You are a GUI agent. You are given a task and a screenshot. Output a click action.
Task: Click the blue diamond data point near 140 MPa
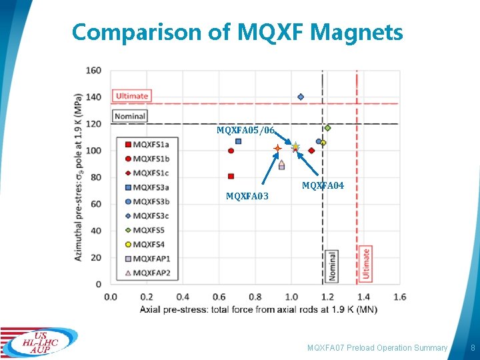tap(301, 97)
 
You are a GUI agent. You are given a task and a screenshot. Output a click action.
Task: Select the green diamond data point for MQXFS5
tap(327, 128)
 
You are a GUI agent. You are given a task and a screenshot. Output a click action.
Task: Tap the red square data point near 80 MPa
tap(231, 177)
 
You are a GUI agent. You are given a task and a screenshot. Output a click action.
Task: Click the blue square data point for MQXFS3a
tap(238, 141)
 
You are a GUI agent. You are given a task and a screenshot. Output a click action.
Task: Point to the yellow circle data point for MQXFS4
tap(323, 143)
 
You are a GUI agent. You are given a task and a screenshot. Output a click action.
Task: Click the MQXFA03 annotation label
tap(247, 196)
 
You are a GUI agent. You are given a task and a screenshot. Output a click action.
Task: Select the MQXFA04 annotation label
tap(323, 186)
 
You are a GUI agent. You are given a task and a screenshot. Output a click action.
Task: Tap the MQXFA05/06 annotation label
tap(245, 130)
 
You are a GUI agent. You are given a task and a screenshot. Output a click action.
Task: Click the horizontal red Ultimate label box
tap(132, 96)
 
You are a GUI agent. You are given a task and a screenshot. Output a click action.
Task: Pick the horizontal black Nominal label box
tap(130, 116)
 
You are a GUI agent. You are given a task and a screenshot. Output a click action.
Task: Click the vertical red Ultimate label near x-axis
tap(366, 263)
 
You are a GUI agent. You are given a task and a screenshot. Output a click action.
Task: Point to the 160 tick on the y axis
tap(93, 71)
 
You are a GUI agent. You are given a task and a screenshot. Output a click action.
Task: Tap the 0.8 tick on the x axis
tap(255, 296)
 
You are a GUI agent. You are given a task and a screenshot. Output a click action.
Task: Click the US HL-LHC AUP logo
tap(38, 342)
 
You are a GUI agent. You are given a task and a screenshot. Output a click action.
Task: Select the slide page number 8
tap(473, 348)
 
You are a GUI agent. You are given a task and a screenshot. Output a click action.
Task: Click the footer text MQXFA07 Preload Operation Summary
tap(377, 348)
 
